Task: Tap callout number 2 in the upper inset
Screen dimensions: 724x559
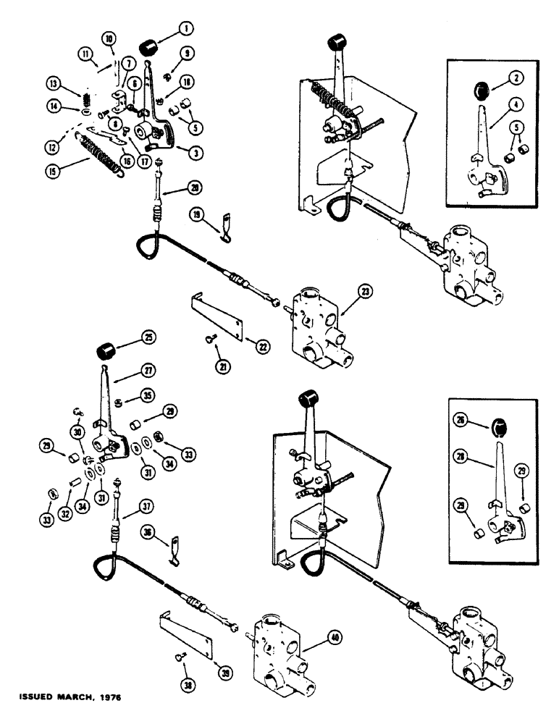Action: click(x=501, y=76)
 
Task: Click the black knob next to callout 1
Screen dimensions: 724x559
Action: click(x=151, y=49)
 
